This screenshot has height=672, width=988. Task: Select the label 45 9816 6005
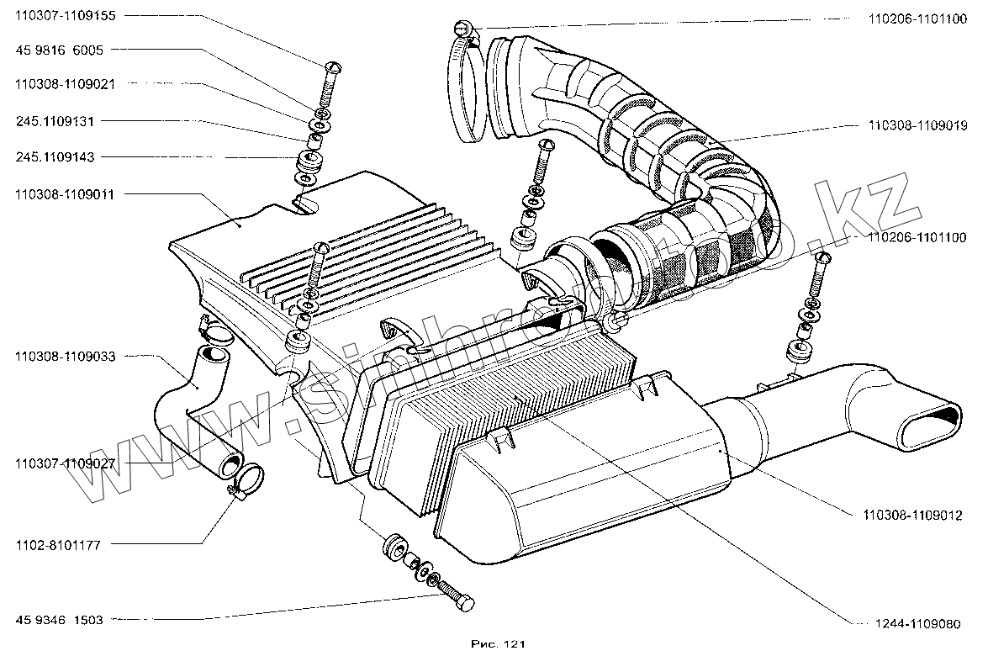click(x=59, y=50)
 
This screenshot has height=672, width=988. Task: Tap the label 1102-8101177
click(x=58, y=545)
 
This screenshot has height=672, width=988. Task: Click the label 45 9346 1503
click(x=59, y=620)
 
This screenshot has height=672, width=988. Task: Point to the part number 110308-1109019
click(x=917, y=125)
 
